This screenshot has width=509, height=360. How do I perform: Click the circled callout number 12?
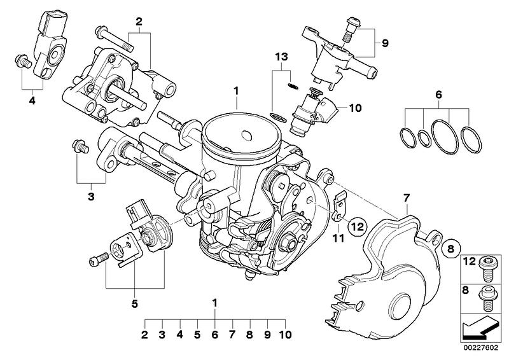tap(357, 225)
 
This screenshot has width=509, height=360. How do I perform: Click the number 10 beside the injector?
tap(354, 108)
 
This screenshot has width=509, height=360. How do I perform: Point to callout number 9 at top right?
tap(384, 43)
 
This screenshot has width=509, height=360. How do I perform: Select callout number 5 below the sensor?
tap(134, 303)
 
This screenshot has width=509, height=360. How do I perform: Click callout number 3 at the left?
tap(91, 197)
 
